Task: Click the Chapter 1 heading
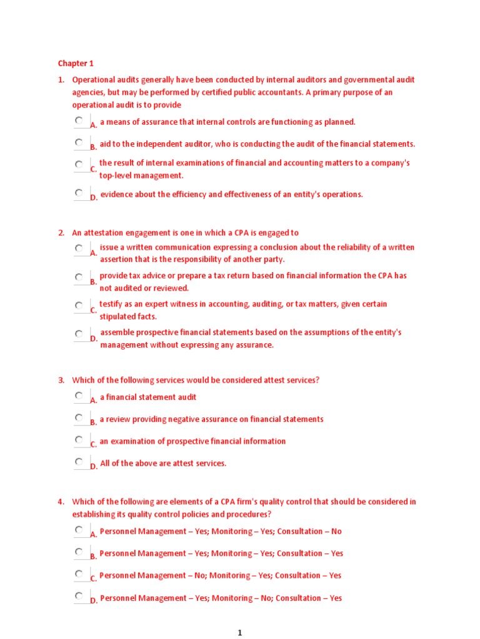point(76,63)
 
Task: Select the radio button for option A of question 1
point(79,120)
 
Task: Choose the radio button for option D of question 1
point(79,193)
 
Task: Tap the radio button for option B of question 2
point(79,277)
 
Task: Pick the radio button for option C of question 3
point(79,440)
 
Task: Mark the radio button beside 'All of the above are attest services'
point(79,462)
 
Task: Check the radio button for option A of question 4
point(79,530)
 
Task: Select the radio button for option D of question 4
point(79,596)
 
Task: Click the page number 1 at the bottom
point(239,633)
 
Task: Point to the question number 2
point(61,233)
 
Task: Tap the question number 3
point(61,380)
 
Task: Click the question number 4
point(61,501)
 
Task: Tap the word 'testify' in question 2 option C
point(111,305)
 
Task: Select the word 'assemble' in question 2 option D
point(117,333)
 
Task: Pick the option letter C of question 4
point(94,578)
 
